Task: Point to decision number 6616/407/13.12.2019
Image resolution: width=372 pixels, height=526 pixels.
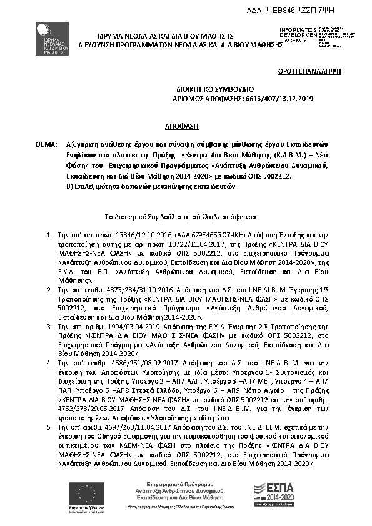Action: (271, 99)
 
